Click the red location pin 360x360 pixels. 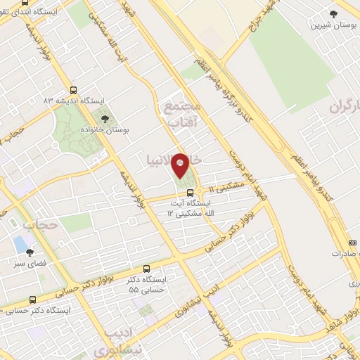point(181,166)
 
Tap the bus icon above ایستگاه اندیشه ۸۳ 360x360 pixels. point(75,90)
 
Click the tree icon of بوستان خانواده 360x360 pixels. point(105,119)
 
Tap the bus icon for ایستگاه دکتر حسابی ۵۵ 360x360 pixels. point(146,268)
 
